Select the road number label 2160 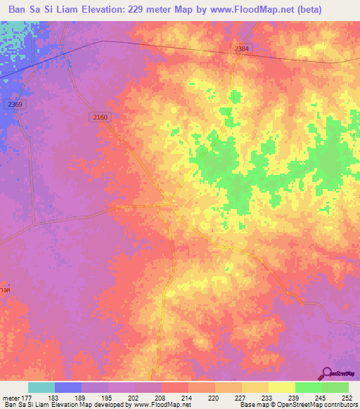point(99,117)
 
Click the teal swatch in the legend point(41,387)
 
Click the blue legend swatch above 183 point(68,387)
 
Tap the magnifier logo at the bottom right point(328,373)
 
